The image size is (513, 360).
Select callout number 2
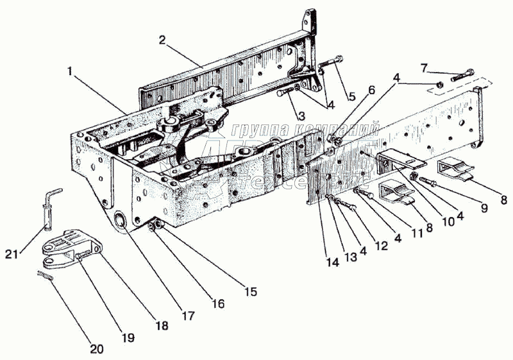pyautogui.click(x=163, y=39)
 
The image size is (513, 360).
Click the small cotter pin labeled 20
pyautogui.click(x=44, y=275)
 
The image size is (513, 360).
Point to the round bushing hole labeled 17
pyautogui.click(x=120, y=222)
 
